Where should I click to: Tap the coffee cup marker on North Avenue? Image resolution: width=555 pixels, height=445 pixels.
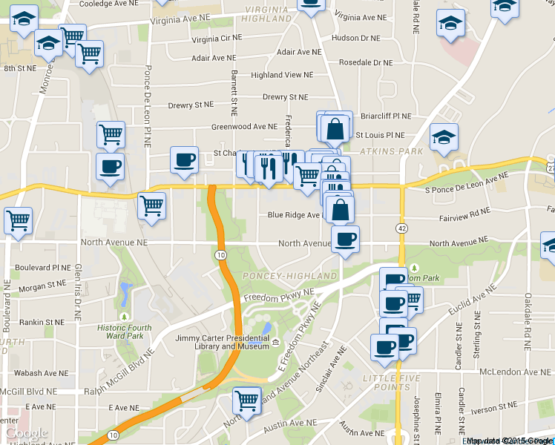(x=344, y=240)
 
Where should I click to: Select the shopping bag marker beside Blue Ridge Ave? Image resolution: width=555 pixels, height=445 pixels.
(x=340, y=210)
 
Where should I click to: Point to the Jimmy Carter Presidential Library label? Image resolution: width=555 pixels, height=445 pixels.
(x=222, y=342)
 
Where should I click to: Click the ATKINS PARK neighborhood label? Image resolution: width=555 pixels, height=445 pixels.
(x=391, y=151)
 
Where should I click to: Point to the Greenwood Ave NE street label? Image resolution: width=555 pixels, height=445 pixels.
(x=243, y=127)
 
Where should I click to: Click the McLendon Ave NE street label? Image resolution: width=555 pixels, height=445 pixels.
(x=510, y=372)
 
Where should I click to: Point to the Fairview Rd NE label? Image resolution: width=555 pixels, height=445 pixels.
(x=465, y=211)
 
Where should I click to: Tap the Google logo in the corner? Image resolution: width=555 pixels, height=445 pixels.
(x=27, y=432)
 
